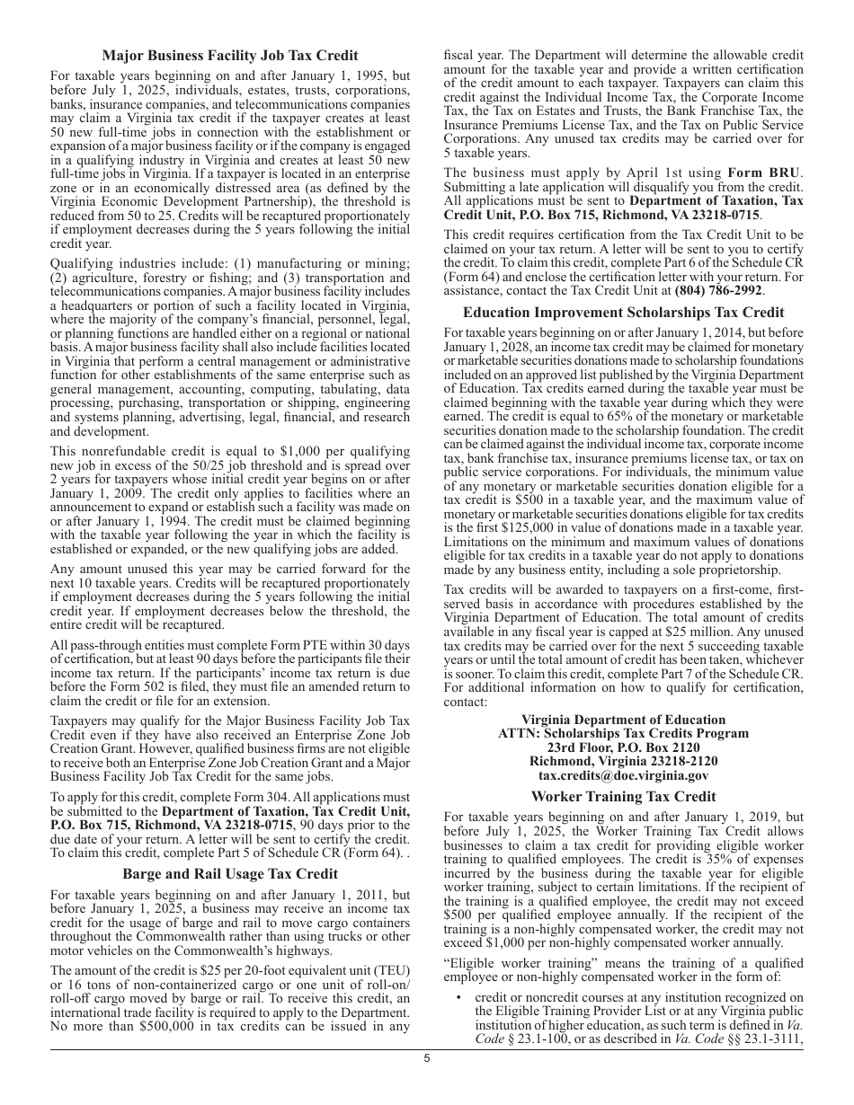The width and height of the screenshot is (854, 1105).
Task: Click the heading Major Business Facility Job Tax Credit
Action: pos(230,56)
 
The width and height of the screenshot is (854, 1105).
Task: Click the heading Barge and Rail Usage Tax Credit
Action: pos(230,873)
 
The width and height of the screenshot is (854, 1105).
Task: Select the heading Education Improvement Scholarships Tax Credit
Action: pos(624,313)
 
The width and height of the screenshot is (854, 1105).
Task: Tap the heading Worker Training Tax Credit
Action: pos(624,796)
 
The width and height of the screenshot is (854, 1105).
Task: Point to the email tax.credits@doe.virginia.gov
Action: pos(624,775)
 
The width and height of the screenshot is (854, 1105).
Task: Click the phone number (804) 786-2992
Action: pos(718,291)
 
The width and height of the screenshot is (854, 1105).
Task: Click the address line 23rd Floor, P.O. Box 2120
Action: pos(624,747)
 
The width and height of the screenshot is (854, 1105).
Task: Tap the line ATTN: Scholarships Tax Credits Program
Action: pos(624,733)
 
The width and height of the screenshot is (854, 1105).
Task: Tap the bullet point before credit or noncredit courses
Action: pos(458,997)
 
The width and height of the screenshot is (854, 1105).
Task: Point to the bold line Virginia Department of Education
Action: pos(624,720)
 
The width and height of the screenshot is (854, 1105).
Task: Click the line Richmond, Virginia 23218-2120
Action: pos(624,761)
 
